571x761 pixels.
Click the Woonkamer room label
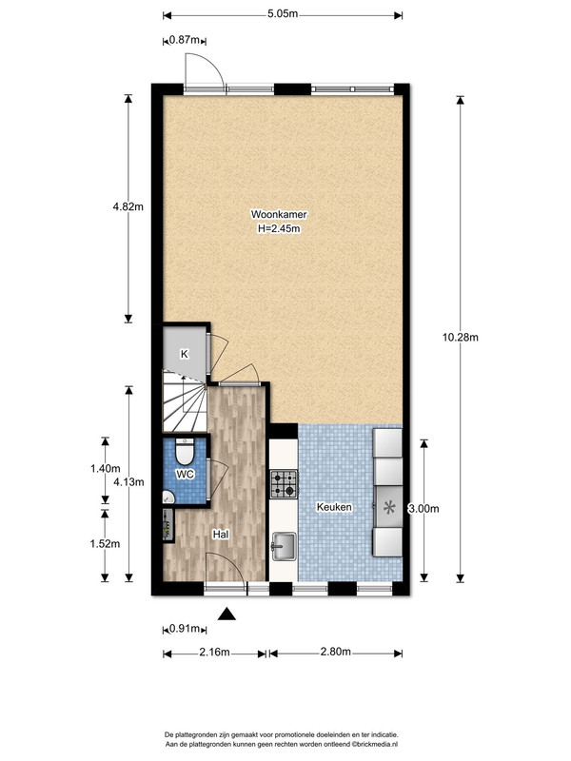tap(279, 214)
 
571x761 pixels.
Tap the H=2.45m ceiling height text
tap(279, 228)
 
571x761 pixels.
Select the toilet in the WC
tap(185, 451)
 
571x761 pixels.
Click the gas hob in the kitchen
tap(284, 484)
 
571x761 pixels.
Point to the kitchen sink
tap(284, 546)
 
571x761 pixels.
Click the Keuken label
tap(334, 507)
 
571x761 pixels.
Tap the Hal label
tap(221, 535)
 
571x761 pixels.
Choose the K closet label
tap(184, 354)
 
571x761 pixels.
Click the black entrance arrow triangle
tap(226, 614)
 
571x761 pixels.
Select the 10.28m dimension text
tap(461, 337)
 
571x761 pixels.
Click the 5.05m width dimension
tap(283, 13)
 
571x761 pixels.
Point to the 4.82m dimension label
tap(128, 206)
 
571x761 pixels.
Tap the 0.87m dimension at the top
tap(184, 40)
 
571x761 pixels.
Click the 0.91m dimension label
tap(185, 629)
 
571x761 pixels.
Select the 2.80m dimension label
tap(336, 652)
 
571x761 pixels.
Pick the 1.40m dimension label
tap(105, 469)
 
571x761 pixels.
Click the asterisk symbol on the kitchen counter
tap(389, 508)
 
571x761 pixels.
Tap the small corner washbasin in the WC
tap(168, 497)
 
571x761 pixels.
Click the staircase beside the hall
tap(185, 401)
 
